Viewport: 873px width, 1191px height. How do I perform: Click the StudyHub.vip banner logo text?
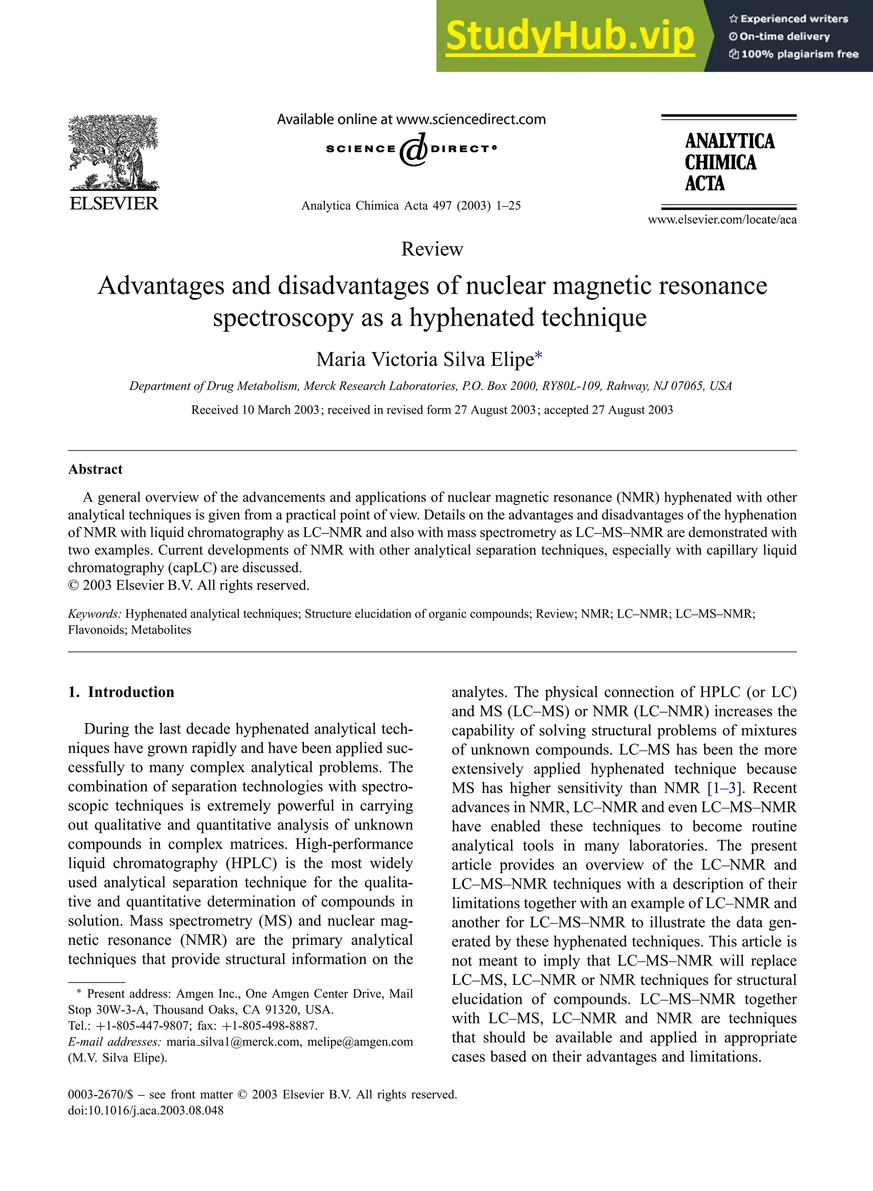(x=569, y=36)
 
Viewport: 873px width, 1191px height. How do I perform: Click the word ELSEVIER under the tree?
(x=114, y=203)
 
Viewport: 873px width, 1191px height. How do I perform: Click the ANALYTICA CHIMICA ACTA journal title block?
(x=729, y=162)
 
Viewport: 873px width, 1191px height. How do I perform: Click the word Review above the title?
(x=432, y=249)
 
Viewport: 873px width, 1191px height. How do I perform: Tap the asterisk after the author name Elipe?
(x=538, y=358)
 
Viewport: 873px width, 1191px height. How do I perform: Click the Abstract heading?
(x=95, y=469)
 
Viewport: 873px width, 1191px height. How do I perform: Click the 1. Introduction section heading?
(x=121, y=692)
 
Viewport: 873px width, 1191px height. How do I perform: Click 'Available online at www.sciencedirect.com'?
(x=411, y=119)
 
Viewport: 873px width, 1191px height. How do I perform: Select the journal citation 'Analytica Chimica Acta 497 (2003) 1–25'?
(x=410, y=206)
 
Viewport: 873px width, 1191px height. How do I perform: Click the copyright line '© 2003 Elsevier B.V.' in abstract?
(x=189, y=585)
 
